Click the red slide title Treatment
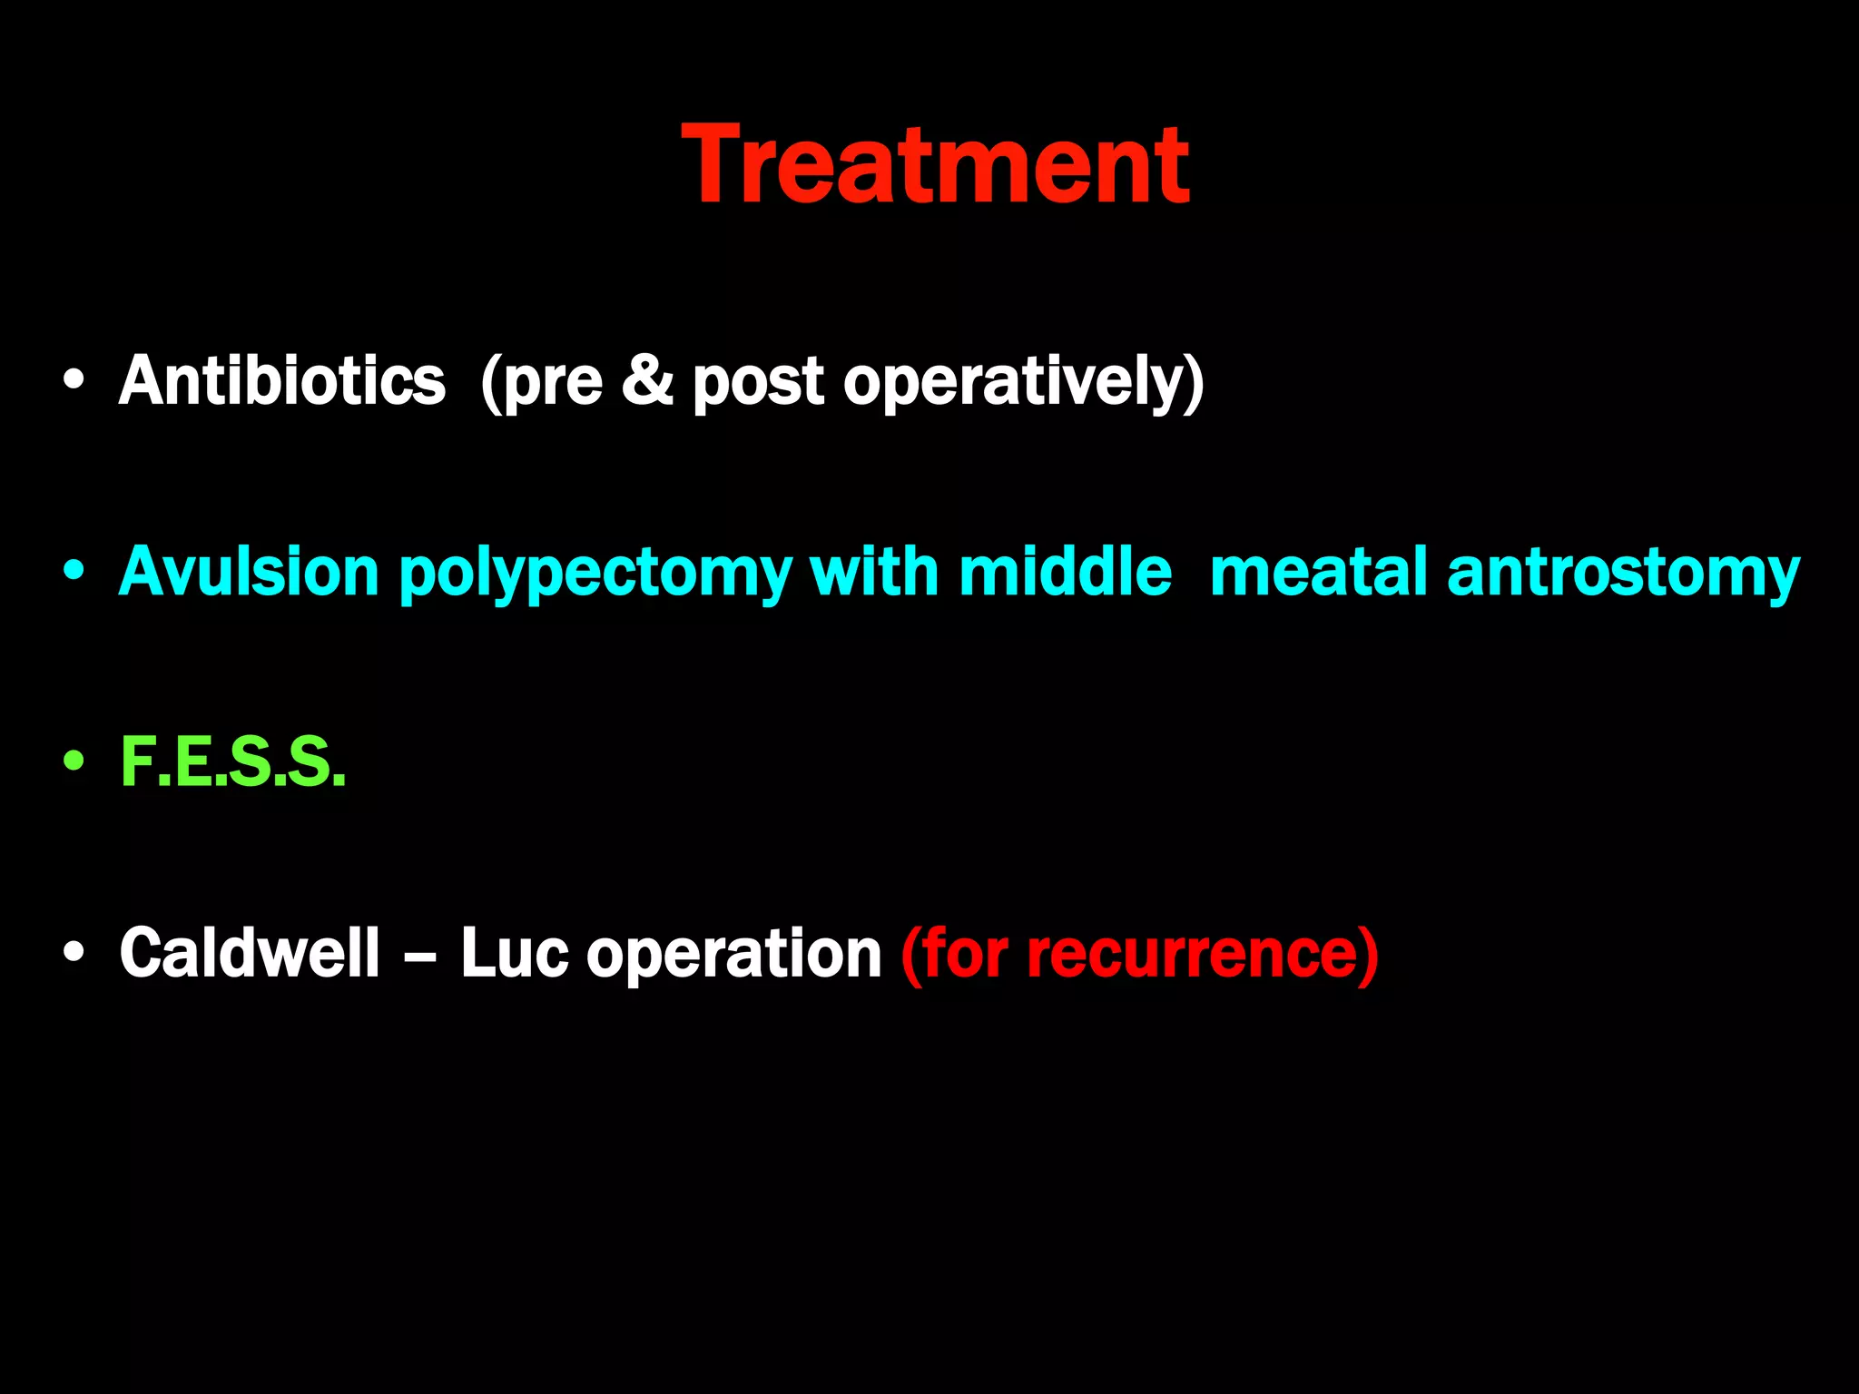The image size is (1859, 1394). point(935,165)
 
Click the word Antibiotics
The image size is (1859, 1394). point(282,380)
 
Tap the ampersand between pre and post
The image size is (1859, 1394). point(647,380)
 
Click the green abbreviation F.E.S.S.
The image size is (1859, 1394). point(233,762)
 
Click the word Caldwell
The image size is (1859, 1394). point(250,953)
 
